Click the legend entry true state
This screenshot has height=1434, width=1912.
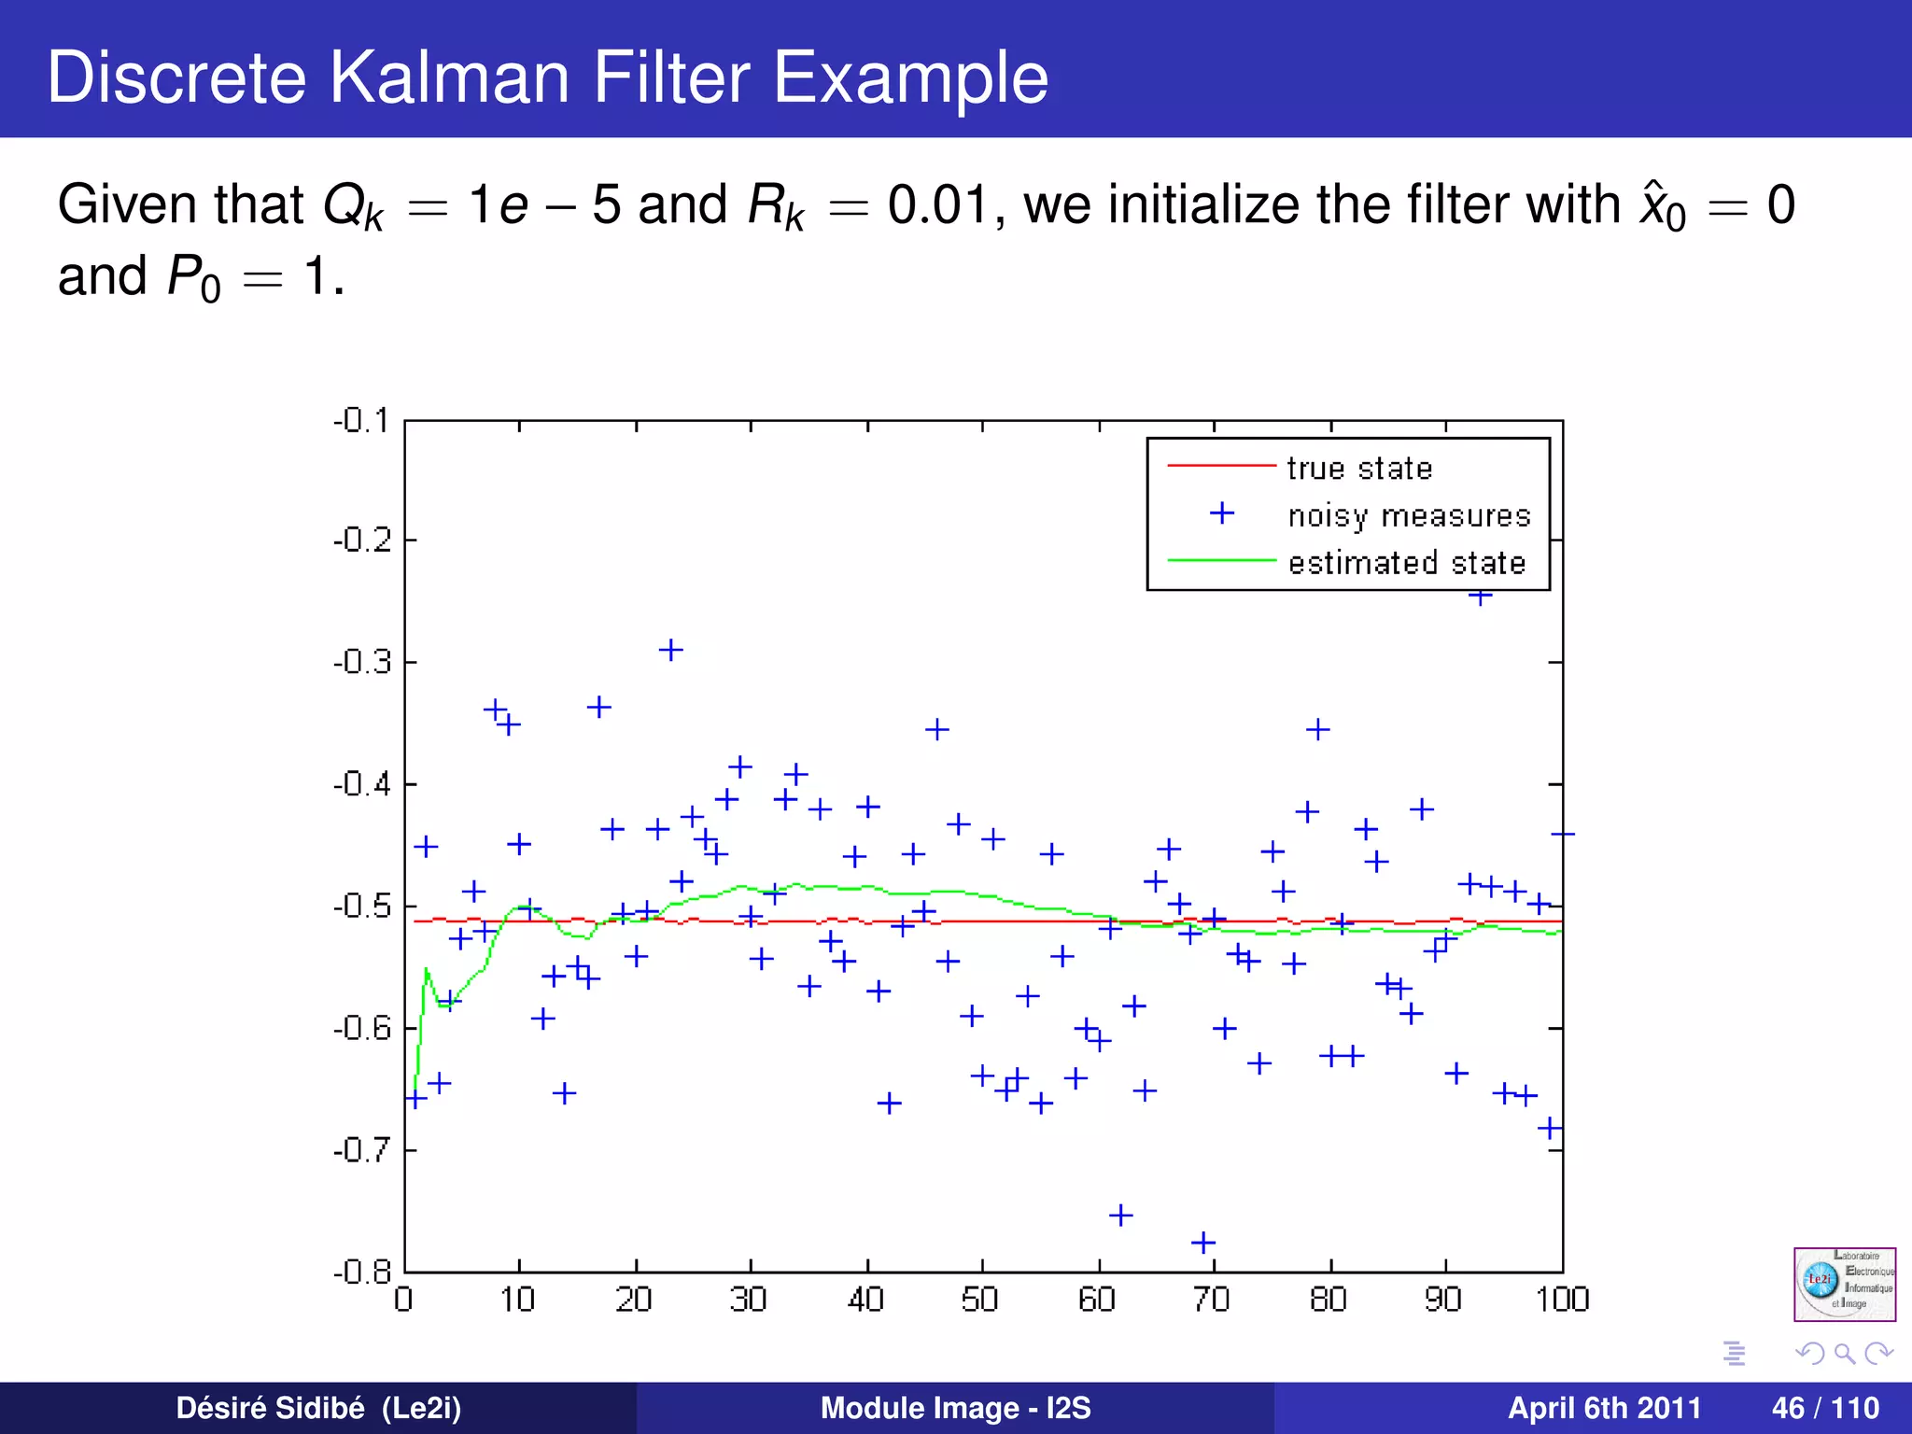[1358, 468]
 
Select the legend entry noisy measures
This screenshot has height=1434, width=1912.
[1408, 515]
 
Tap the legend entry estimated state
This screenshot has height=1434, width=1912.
[1406, 563]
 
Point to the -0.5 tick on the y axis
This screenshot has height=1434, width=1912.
[362, 906]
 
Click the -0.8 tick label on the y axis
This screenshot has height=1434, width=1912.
[362, 1272]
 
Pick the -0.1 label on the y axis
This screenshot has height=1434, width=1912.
[362, 421]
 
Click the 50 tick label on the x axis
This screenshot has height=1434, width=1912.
[980, 1300]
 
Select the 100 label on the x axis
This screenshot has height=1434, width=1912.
[1562, 1300]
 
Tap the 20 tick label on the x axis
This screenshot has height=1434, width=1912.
[634, 1300]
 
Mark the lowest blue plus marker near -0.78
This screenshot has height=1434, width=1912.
[1203, 1243]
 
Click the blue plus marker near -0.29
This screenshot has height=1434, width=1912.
[670, 650]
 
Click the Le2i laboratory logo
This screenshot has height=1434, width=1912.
[1844, 1284]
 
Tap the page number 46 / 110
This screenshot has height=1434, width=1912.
[1824, 1408]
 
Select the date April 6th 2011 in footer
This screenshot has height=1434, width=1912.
[1604, 1408]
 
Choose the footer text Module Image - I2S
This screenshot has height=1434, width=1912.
[955, 1408]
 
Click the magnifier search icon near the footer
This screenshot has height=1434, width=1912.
[1844, 1353]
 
